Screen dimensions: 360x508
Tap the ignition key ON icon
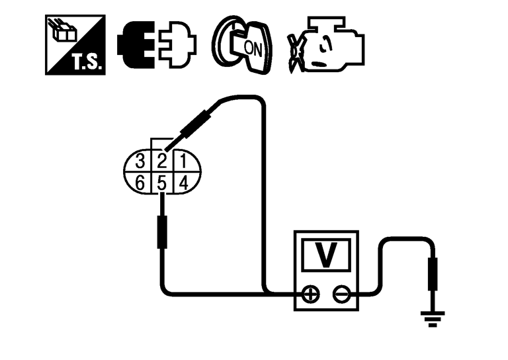tap(239, 44)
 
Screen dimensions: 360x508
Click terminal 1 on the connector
tap(184, 161)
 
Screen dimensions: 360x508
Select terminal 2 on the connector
tap(163, 161)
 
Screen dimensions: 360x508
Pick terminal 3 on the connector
tap(140, 161)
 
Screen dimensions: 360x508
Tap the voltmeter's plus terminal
tap(309, 294)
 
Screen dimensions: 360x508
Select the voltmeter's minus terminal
tap(342, 294)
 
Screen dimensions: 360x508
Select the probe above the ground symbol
tap(433, 275)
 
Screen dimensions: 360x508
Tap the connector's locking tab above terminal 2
tap(163, 144)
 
